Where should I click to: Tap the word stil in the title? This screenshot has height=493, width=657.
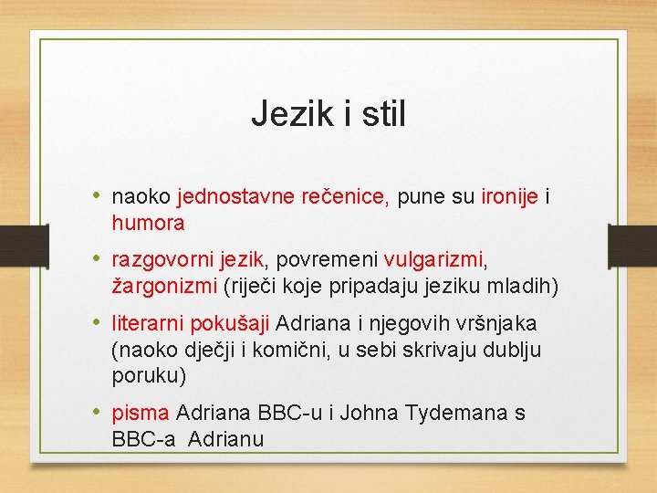coord(382,115)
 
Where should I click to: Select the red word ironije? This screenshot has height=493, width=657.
coord(511,196)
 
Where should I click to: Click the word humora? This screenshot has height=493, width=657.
coord(148,222)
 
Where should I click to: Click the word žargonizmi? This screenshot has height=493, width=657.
coord(164,286)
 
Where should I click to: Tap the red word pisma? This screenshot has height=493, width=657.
coord(141,414)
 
